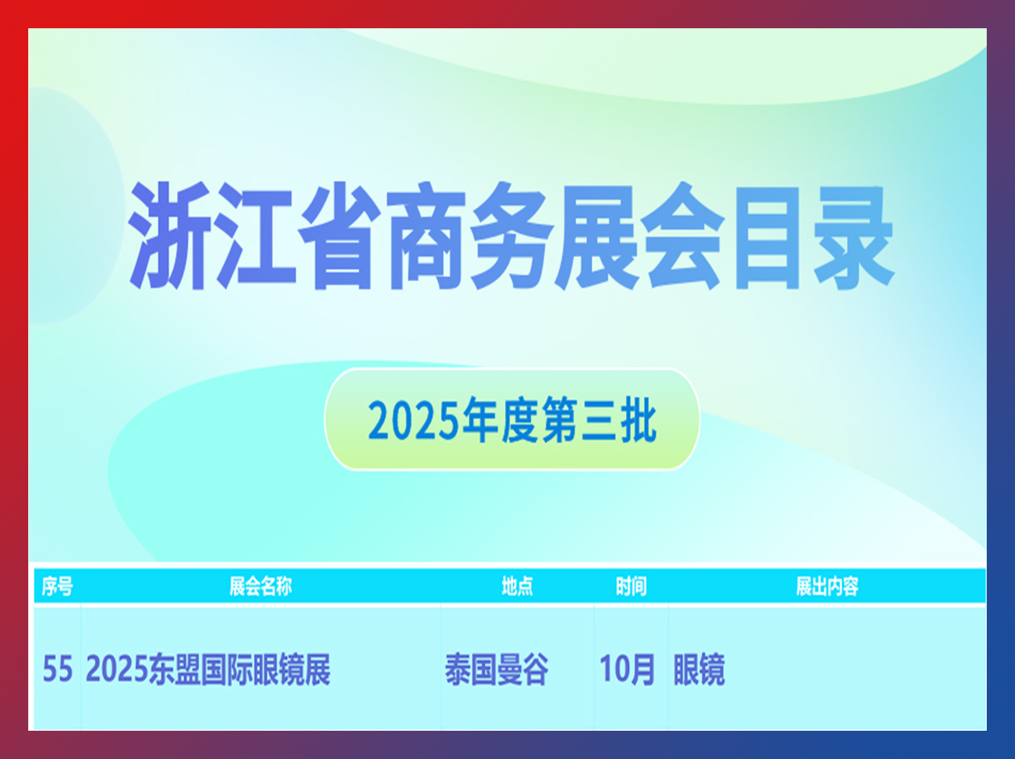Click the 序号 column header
point(57,586)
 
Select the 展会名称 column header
point(261,586)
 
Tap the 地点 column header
point(518,586)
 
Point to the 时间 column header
point(631,586)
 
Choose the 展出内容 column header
point(827,586)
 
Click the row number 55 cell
point(58,669)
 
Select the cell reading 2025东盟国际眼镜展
point(208,669)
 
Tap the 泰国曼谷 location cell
point(497,669)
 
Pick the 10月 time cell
point(627,669)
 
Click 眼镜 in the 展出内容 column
point(699,669)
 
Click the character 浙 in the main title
point(169,236)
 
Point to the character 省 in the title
point(339,236)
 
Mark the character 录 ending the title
point(854,237)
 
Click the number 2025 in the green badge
point(413,421)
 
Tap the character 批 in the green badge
point(639,420)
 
